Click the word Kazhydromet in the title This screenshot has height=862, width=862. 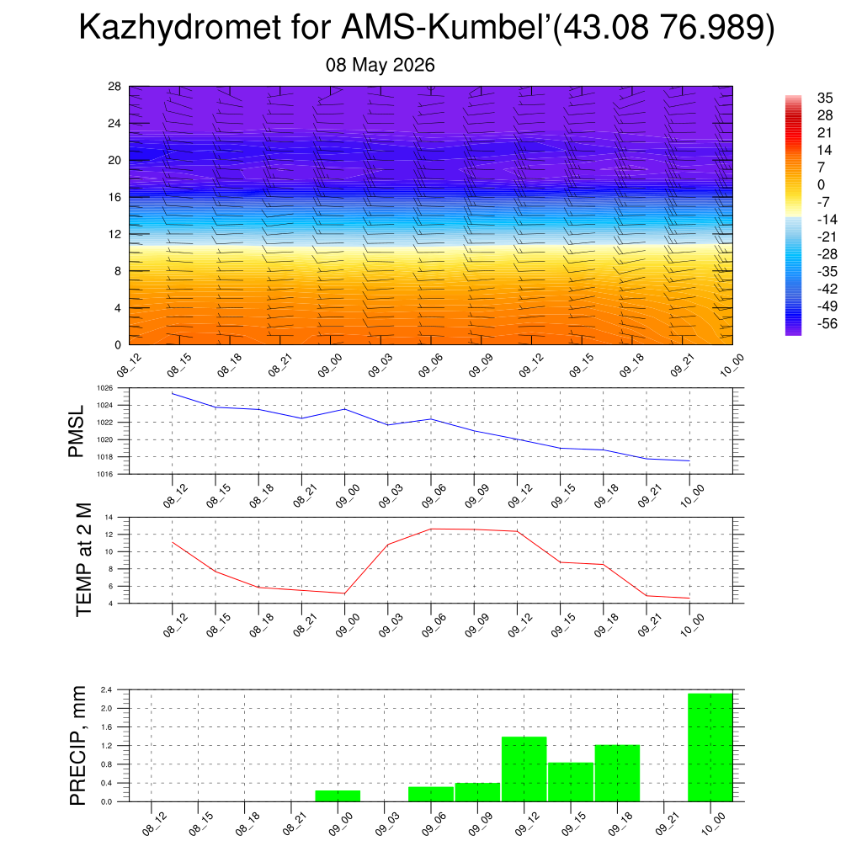(x=180, y=27)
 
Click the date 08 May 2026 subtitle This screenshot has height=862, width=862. (x=380, y=65)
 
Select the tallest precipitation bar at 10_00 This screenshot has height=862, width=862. (x=710, y=748)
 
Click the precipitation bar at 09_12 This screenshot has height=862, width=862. (x=524, y=769)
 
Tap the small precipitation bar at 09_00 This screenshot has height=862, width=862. (x=338, y=796)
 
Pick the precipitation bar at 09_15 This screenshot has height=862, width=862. (x=571, y=782)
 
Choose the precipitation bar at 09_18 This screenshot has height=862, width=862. (x=617, y=773)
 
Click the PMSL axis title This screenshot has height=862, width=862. (x=76, y=432)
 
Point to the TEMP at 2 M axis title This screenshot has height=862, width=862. (x=83, y=560)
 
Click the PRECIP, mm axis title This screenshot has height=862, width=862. (x=78, y=746)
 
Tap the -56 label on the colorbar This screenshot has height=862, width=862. (x=827, y=324)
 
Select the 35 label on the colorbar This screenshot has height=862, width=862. (x=825, y=98)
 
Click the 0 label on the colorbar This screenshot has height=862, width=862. (x=821, y=184)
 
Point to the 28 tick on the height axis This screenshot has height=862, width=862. (x=114, y=87)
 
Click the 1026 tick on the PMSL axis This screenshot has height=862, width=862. (x=105, y=388)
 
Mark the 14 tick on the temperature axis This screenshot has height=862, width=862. (x=109, y=518)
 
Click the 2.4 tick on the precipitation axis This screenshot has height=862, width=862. (x=107, y=689)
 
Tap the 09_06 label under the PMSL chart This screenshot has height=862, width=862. (x=434, y=495)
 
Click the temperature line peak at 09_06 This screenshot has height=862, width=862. (x=431, y=529)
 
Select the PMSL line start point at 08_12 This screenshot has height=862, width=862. (x=172, y=393)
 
